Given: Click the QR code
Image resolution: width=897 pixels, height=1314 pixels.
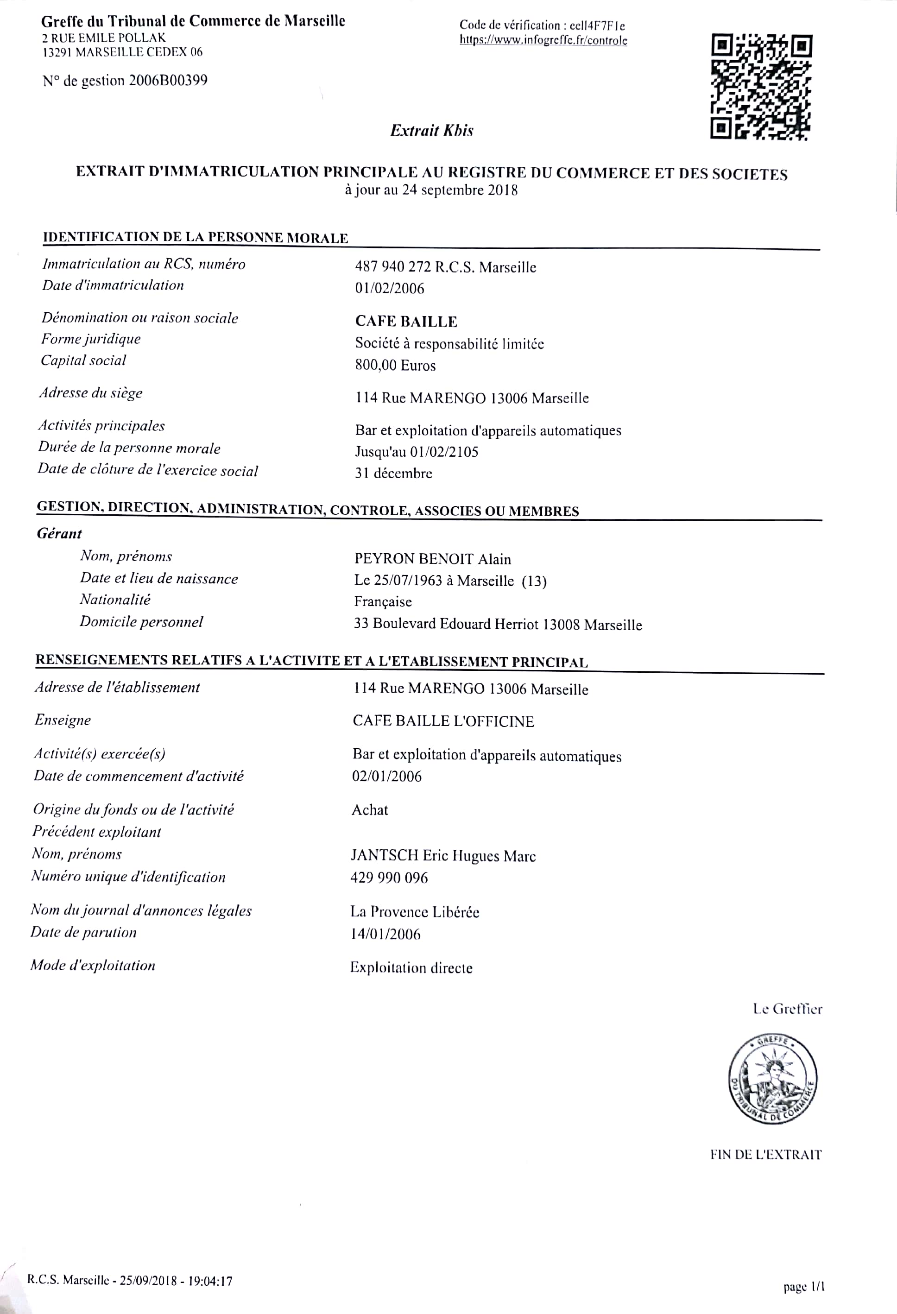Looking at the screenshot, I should pyautogui.click(x=761, y=87).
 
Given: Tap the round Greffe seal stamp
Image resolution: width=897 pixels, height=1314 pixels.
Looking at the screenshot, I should pyautogui.click(x=772, y=1079).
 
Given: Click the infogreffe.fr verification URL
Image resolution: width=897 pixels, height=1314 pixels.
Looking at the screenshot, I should pyautogui.click(x=543, y=41).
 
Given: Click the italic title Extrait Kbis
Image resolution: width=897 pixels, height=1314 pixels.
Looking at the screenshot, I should pyautogui.click(x=431, y=131).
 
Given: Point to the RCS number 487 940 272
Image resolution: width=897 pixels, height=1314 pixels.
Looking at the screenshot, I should pyautogui.click(x=392, y=267).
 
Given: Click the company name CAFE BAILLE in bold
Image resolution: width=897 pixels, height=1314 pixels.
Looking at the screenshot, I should pyautogui.click(x=406, y=321).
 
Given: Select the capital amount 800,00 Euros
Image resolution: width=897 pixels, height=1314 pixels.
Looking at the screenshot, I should pyautogui.click(x=395, y=365).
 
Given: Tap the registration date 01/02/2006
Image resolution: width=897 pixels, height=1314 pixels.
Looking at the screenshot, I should pyautogui.click(x=389, y=288).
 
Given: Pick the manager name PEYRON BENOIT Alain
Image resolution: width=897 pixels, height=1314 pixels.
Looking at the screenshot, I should pyautogui.click(x=433, y=559).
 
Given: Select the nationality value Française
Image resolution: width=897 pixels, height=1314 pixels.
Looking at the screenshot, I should pyautogui.click(x=383, y=601).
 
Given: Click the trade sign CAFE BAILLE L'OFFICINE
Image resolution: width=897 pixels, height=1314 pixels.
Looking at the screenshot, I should pyautogui.click(x=443, y=721).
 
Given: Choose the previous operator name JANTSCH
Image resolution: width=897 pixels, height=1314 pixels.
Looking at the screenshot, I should pyautogui.click(x=384, y=855).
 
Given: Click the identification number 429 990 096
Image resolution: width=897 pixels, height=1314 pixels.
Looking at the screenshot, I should pyautogui.click(x=389, y=878).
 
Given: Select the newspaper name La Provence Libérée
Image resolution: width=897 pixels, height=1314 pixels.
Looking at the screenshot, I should pyautogui.click(x=415, y=911).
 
